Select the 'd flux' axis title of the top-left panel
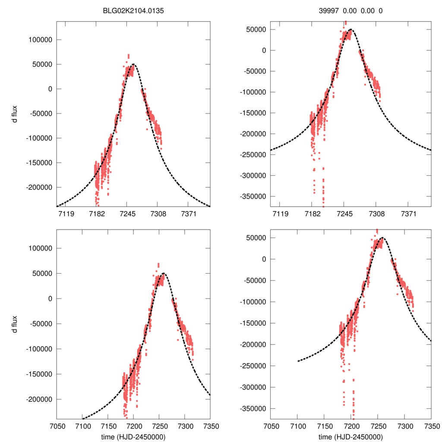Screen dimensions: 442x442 click(14, 114)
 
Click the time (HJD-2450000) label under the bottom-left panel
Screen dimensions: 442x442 click(133, 437)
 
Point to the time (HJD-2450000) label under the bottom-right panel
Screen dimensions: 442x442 click(350, 437)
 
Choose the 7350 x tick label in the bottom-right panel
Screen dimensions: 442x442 click(431, 426)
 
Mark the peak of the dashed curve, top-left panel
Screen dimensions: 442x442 click(133, 64)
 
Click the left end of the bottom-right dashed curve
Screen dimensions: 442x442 click(298, 361)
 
